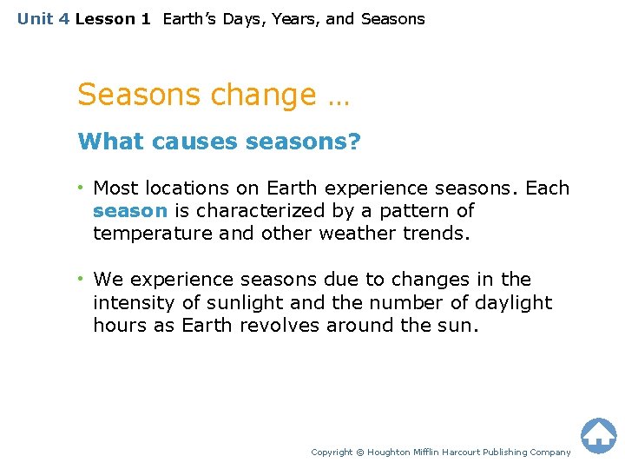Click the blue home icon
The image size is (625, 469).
click(598, 435)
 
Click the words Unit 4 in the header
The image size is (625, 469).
click(43, 19)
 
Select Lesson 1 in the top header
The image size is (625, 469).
click(113, 19)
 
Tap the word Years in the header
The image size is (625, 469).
click(293, 19)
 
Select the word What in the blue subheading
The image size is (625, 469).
click(111, 142)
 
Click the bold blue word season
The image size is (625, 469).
click(129, 211)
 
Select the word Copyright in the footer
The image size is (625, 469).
click(332, 452)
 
